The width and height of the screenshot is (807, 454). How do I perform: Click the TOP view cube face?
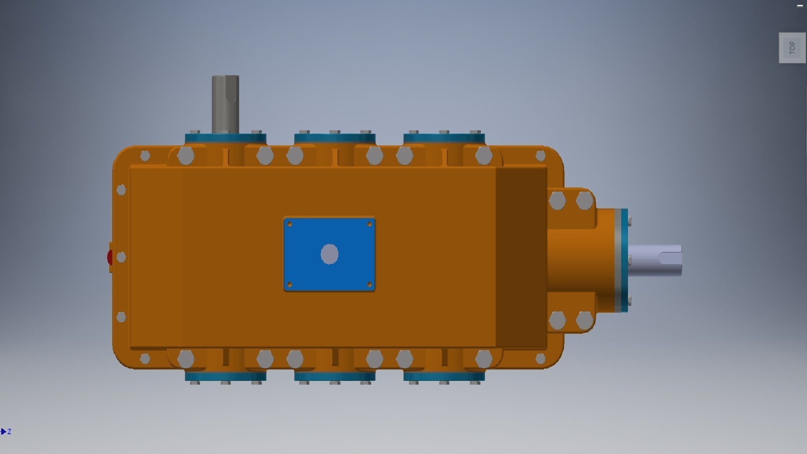pos(792,48)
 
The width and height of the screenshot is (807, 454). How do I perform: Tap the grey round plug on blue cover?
pos(330,254)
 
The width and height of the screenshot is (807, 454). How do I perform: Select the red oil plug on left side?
pos(110,257)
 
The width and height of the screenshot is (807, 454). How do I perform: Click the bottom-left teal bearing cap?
pos(225,376)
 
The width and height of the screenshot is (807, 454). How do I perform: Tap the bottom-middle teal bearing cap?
pos(335,376)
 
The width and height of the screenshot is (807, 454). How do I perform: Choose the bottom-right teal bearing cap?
pos(444,376)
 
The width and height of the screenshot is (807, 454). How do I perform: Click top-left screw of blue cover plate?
pos(290,224)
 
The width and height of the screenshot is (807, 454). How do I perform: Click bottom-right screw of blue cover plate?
pos(369,285)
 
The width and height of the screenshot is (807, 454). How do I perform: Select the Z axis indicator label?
pos(9,432)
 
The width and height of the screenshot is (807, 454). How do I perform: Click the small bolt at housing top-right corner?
pos(541,156)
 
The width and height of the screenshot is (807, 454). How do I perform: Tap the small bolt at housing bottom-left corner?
pos(145,359)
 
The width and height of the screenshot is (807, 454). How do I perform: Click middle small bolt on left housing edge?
pos(121,257)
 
